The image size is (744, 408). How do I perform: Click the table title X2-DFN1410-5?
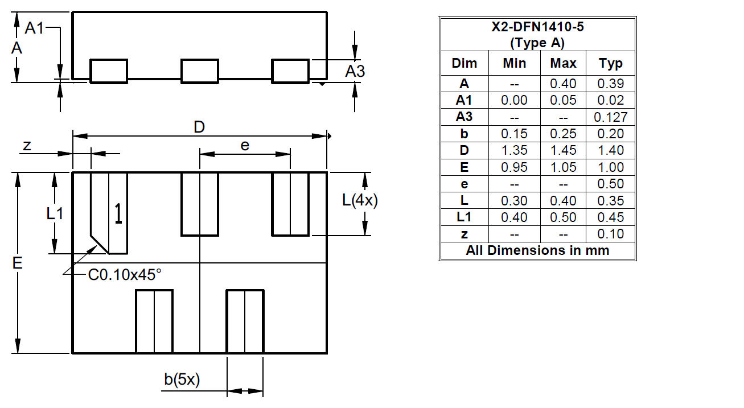click(x=537, y=27)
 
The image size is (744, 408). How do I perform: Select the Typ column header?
click(x=611, y=63)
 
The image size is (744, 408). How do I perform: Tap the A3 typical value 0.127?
click(x=611, y=117)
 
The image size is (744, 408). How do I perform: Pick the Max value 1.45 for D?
click(x=563, y=151)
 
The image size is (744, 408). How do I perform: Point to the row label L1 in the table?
click(x=464, y=217)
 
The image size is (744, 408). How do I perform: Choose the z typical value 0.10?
click(x=611, y=234)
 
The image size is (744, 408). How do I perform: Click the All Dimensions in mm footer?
click(x=537, y=250)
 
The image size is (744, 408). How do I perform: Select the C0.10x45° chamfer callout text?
click(x=125, y=275)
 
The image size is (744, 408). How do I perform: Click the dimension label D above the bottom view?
click(x=199, y=127)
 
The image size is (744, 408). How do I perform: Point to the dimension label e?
click(x=245, y=146)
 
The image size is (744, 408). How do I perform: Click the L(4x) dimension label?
click(x=360, y=200)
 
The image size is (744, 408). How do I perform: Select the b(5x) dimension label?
click(x=182, y=380)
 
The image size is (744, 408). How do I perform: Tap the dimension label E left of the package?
click(x=17, y=263)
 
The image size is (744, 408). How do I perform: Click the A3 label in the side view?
click(x=355, y=72)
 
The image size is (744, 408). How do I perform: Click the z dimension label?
click(x=27, y=146)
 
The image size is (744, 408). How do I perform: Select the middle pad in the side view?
click(x=199, y=71)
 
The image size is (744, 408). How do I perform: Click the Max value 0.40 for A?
click(x=563, y=84)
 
